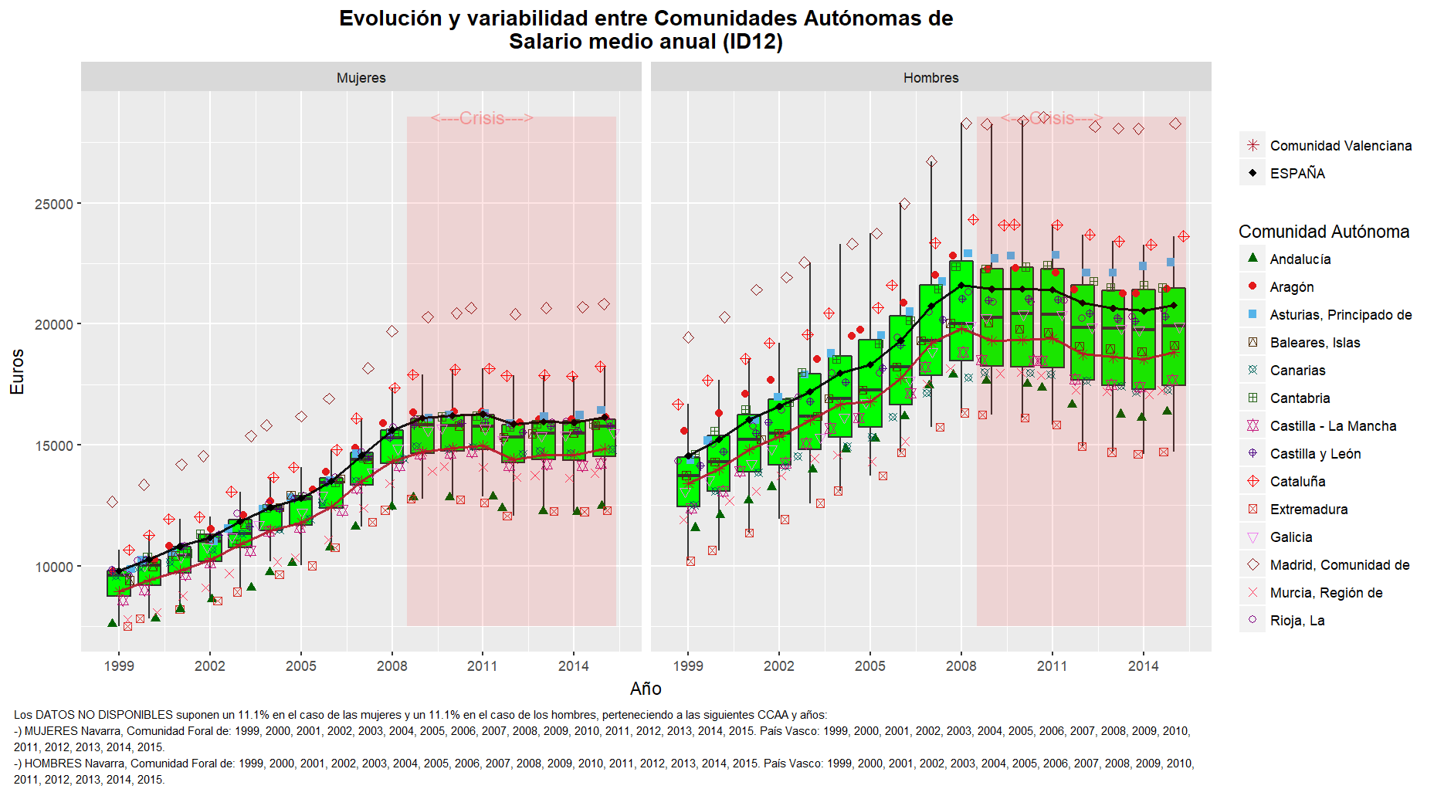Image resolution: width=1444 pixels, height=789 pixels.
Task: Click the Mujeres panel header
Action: tap(361, 77)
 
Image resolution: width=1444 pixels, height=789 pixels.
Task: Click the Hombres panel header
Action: tap(930, 77)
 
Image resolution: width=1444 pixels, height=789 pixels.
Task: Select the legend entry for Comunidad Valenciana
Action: tap(1340, 145)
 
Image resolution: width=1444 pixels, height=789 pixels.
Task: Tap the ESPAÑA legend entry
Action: tap(1297, 173)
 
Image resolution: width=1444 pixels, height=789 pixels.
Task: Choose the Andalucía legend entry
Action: tap(1300, 259)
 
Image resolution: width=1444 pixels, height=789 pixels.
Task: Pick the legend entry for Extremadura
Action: tap(1308, 510)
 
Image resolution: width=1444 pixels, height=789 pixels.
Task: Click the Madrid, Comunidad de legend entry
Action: tap(1339, 565)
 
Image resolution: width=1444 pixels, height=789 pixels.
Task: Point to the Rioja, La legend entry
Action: tap(1297, 621)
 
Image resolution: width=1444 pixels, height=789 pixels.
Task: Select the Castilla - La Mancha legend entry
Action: tap(1332, 426)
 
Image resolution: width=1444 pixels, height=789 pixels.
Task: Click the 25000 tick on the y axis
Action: tap(54, 204)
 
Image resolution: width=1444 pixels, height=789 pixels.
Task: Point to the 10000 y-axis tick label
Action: tap(54, 567)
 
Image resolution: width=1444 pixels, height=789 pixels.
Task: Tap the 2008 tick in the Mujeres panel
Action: tap(392, 665)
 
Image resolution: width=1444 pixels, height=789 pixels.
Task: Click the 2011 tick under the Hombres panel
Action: tap(1052, 665)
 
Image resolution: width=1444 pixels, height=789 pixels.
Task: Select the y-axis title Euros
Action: tap(17, 371)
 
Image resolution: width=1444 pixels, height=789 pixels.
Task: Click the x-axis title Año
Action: tap(646, 689)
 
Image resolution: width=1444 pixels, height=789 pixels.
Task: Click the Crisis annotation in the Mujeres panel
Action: tap(482, 118)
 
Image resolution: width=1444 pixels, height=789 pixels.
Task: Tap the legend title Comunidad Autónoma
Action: tap(1324, 232)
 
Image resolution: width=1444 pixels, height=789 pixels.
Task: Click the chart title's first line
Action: tap(646, 19)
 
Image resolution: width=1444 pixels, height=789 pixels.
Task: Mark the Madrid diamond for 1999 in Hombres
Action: tap(688, 337)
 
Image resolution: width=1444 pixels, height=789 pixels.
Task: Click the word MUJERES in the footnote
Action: tap(51, 731)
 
